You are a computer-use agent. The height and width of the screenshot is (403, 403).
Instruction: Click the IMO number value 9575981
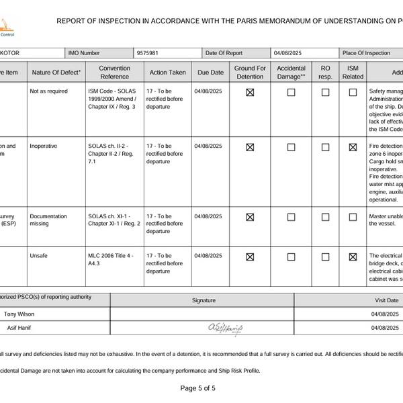147,53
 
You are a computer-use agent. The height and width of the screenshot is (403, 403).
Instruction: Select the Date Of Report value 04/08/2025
289,53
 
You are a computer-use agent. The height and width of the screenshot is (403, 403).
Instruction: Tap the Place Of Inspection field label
366,53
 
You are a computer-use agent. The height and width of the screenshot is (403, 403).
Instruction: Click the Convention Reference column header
114,73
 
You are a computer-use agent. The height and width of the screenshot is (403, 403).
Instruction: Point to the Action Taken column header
168,73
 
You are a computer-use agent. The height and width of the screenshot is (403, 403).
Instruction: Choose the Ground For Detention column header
250,73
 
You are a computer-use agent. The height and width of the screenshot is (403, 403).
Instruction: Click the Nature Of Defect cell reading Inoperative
44,146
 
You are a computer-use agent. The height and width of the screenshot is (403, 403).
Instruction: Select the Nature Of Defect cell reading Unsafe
39,256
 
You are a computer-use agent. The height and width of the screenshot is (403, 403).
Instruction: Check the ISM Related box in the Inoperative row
353,147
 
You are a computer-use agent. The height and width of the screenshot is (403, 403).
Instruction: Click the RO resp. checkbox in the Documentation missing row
325,218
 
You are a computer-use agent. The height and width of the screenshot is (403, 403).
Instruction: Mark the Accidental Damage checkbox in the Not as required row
291,93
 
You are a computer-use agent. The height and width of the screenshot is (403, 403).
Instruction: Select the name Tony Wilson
19,314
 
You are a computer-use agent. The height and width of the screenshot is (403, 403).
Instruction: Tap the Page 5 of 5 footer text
198,388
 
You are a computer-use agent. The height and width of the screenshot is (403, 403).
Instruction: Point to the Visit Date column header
386,300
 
